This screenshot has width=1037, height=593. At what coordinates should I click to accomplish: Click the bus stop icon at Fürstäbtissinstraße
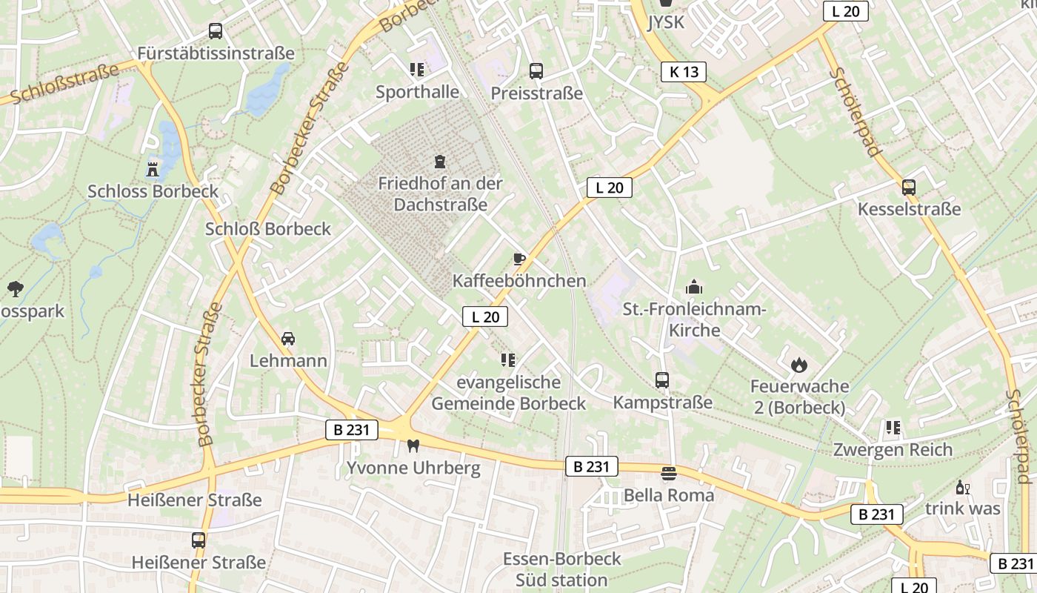216,31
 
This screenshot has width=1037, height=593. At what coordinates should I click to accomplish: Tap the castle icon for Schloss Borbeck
153,168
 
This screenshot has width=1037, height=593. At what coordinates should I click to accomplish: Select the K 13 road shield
684,72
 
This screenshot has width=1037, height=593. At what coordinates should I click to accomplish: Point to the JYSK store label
666,21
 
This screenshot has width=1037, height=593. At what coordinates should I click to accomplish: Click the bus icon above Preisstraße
536,71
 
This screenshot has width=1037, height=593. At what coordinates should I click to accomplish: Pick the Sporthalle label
417,92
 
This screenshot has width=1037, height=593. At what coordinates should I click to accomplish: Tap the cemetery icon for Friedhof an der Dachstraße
440,161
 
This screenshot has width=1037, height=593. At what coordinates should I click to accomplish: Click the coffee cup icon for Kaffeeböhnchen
519,259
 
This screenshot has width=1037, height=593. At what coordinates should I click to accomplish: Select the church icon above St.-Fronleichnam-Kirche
694,286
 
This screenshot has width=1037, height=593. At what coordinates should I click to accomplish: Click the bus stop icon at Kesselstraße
909,187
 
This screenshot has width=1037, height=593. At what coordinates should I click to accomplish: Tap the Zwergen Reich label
893,449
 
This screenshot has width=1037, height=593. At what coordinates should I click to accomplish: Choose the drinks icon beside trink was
962,487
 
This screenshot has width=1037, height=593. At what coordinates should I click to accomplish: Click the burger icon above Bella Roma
669,473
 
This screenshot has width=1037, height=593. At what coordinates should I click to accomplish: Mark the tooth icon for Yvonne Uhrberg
413,445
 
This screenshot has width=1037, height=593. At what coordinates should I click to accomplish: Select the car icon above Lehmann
288,339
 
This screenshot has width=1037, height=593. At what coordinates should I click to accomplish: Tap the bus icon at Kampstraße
662,380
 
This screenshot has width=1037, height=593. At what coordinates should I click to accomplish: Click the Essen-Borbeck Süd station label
562,569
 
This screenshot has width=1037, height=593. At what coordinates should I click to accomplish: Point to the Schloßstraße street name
65,83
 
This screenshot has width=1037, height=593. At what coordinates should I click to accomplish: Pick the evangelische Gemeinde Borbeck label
508,393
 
